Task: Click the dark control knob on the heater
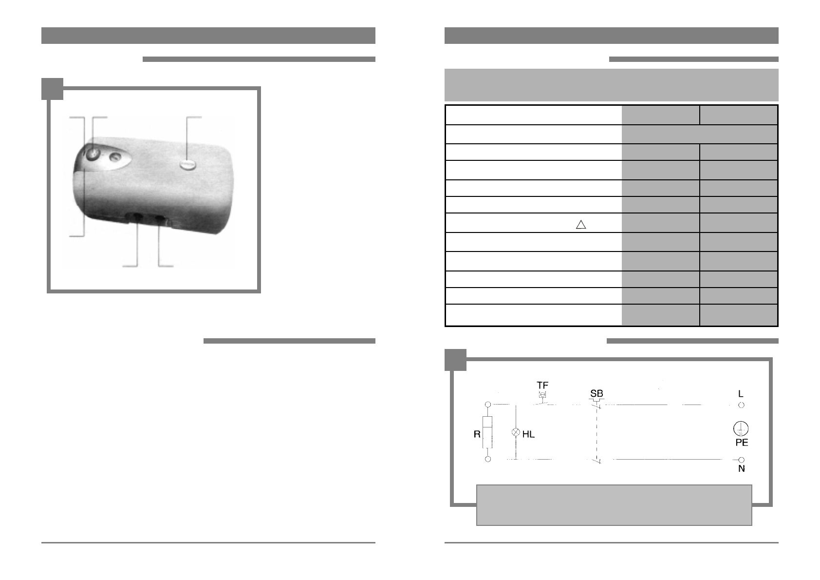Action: pos(93,154)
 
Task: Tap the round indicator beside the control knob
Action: pos(115,157)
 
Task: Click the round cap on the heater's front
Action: pos(188,165)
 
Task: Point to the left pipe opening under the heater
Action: pos(137,217)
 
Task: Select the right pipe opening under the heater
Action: pos(160,219)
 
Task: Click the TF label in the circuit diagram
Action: pos(542,386)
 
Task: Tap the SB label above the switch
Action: pos(596,393)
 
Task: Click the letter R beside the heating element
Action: pos(477,434)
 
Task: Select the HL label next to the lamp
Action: pos(529,434)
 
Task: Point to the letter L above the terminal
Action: pos(741,394)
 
